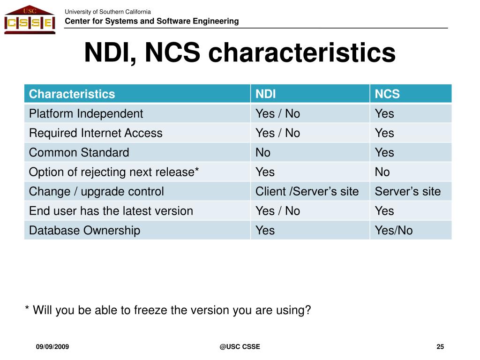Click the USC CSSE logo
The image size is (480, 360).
pyautogui.click(x=30, y=19)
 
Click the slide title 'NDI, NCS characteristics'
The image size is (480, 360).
pyautogui.click(x=240, y=52)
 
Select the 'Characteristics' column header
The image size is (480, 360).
pyautogui.click(x=72, y=94)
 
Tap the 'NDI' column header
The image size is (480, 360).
pyautogui.click(x=265, y=94)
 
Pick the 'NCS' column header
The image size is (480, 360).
pyautogui.click(x=387, y=94)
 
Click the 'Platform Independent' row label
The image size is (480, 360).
pyautogui.click(x=86, y=113)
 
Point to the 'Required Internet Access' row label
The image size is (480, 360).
pyautogui.click(x=96, y=133)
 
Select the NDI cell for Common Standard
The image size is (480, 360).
pyautogui.click(x=263, y=152)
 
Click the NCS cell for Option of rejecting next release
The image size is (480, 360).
pyautogui.click(x=382, y=172)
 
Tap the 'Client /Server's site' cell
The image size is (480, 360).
pyautogui.click(x=307, y=191)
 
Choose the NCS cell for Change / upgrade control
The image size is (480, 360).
pyautogui.click(x=408, y=191)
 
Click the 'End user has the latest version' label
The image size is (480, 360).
pyautogui.click(x=111, y=211)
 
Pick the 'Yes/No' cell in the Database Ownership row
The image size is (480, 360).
pyautogui.click(x=394, y=231)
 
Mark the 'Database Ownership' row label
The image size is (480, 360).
pyautogui.click(x=84, y=231)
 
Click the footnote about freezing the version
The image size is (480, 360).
pyautogui.click(x=168, y=310)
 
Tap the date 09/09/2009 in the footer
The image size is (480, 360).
pyautogui.click(x=52, y=347)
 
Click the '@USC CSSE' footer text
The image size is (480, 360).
pyautogui.click(x=240, y=347)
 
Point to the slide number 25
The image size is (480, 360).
pyautogui.click(x=440, y=347)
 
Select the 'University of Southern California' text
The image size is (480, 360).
pyautogui.click(x=108, y=12)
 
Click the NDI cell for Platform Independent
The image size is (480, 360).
pyautogui.click(x=277, y=113)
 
